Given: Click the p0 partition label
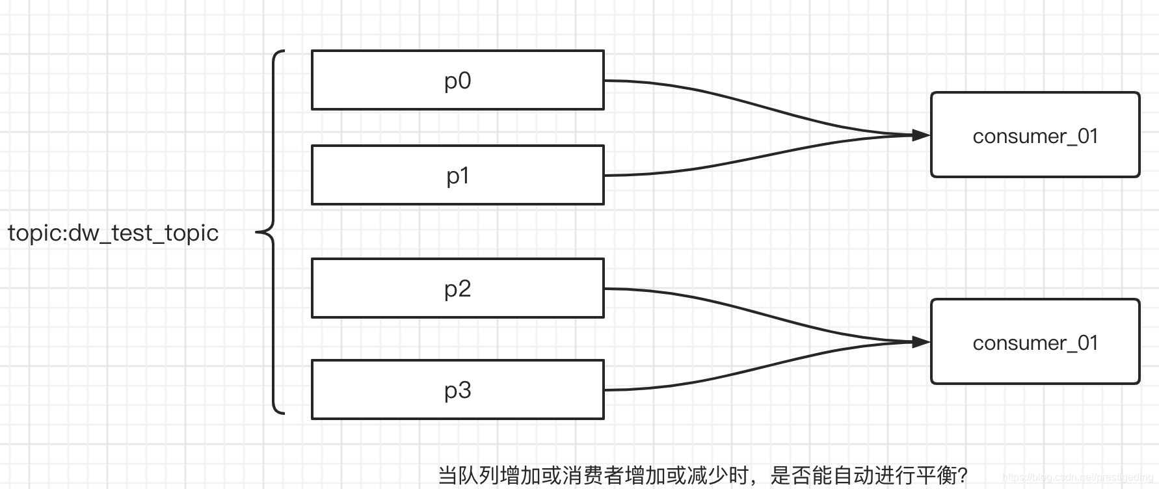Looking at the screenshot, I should point(457,81).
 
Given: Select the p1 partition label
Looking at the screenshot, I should point(457,176).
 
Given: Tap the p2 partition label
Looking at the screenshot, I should point(457,289).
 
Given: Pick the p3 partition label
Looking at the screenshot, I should point(457,390).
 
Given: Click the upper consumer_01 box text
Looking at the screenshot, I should point(1035,136).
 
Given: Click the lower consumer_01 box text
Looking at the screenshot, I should point(1035,343).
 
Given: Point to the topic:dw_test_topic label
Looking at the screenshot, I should point(113,233).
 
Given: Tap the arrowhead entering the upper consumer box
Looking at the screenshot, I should point(921,135).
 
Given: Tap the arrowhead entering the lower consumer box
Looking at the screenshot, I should point(921,341).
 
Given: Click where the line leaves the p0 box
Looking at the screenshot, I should point(605,81).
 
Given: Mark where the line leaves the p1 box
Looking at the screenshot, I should point(605,176).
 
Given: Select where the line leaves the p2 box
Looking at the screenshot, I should point(605,289).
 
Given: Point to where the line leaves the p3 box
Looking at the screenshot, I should point(605,390).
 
